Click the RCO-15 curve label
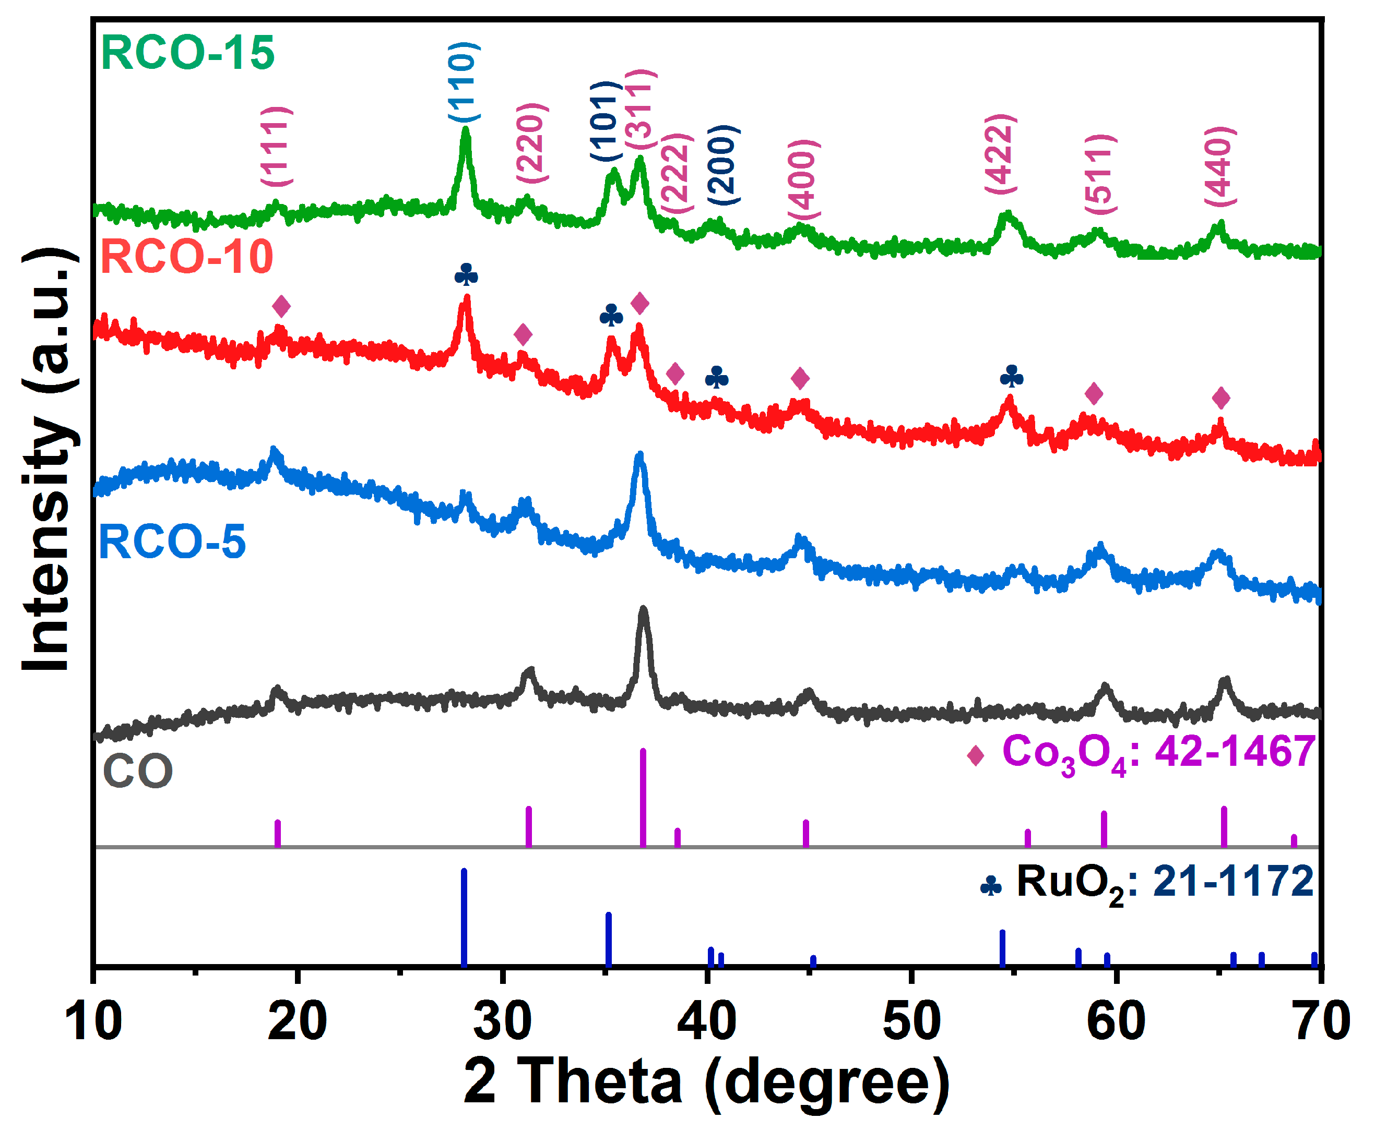pos(188,53)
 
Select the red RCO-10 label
pos(186,257)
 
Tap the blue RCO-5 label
pos(172,542)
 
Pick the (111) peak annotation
pos(277,147)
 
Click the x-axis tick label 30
pos(502,1021)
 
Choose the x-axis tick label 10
pos(93,1021)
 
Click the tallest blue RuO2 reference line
pos(464,917)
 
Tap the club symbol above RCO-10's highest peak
pos(466,274)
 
